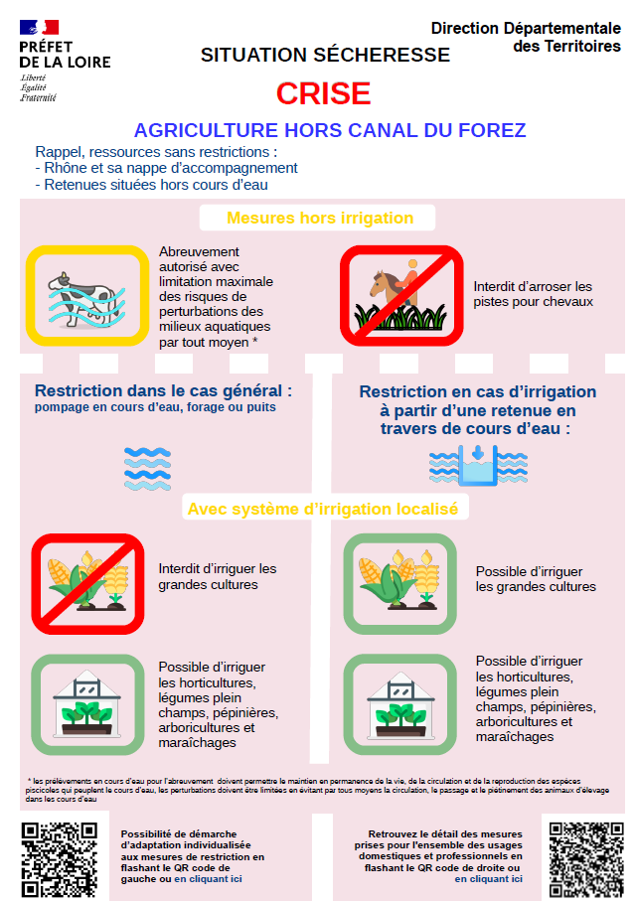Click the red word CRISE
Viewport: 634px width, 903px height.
(x=323, y=93)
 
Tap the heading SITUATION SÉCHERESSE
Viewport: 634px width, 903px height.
(x=325, y=55)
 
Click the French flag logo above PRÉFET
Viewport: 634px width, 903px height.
(x=39, y=27)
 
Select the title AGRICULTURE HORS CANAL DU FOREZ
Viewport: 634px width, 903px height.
(x=330, y=130)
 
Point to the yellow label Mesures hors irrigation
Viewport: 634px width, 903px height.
(x=320, y=218)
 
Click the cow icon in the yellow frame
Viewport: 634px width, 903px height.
(x=87, y=296)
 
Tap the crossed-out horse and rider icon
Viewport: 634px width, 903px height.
(x=401, y=295)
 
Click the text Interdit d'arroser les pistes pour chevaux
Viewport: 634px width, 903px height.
(x=533, y=294)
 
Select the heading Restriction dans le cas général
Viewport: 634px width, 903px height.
(x=163, y=391)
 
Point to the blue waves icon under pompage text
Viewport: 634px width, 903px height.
(x=147, y=469)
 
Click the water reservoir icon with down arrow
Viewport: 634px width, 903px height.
(x=478, y=465)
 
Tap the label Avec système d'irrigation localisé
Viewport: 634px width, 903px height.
(x=323, y=509)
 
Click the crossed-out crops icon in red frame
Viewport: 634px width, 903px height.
(x=87, y=584)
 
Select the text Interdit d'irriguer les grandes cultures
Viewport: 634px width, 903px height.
(x=217, y=576)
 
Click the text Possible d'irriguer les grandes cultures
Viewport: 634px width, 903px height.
(x=536, y=579)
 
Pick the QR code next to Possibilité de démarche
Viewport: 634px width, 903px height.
(x=60, y=860)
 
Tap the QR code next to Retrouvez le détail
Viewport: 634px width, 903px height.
(x=586, y=860)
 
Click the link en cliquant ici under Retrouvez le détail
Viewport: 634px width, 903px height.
(x=488, y=879)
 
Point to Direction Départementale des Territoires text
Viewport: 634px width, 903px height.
(x=526, y=37)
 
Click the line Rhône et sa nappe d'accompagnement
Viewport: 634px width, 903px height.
(x=166, y=168)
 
